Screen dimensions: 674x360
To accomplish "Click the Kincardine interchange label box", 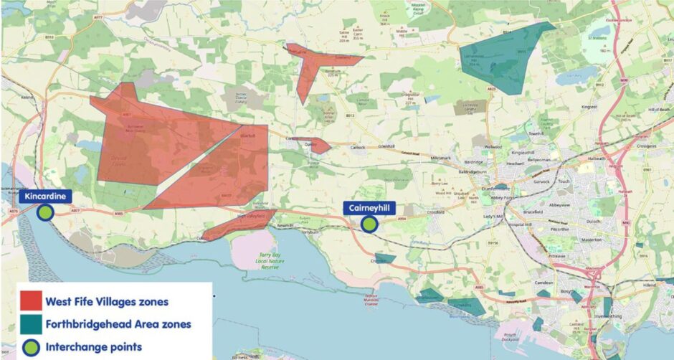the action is click(45, 196).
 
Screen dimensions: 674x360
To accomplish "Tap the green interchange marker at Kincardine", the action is click(45, 212).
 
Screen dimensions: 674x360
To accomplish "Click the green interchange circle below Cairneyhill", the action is click(369, 224).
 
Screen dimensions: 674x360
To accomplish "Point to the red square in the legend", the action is click(31, 300).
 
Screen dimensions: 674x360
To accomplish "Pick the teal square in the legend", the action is click(31, 323).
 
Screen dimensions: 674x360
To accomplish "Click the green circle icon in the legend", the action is click(31, 346).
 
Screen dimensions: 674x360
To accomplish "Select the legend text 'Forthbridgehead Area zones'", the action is click(118, 323).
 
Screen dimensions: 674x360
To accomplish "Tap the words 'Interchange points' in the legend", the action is click(93, 346).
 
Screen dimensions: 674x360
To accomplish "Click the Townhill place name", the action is click(536, 134).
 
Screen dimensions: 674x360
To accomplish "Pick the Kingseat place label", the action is click(589, 107).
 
